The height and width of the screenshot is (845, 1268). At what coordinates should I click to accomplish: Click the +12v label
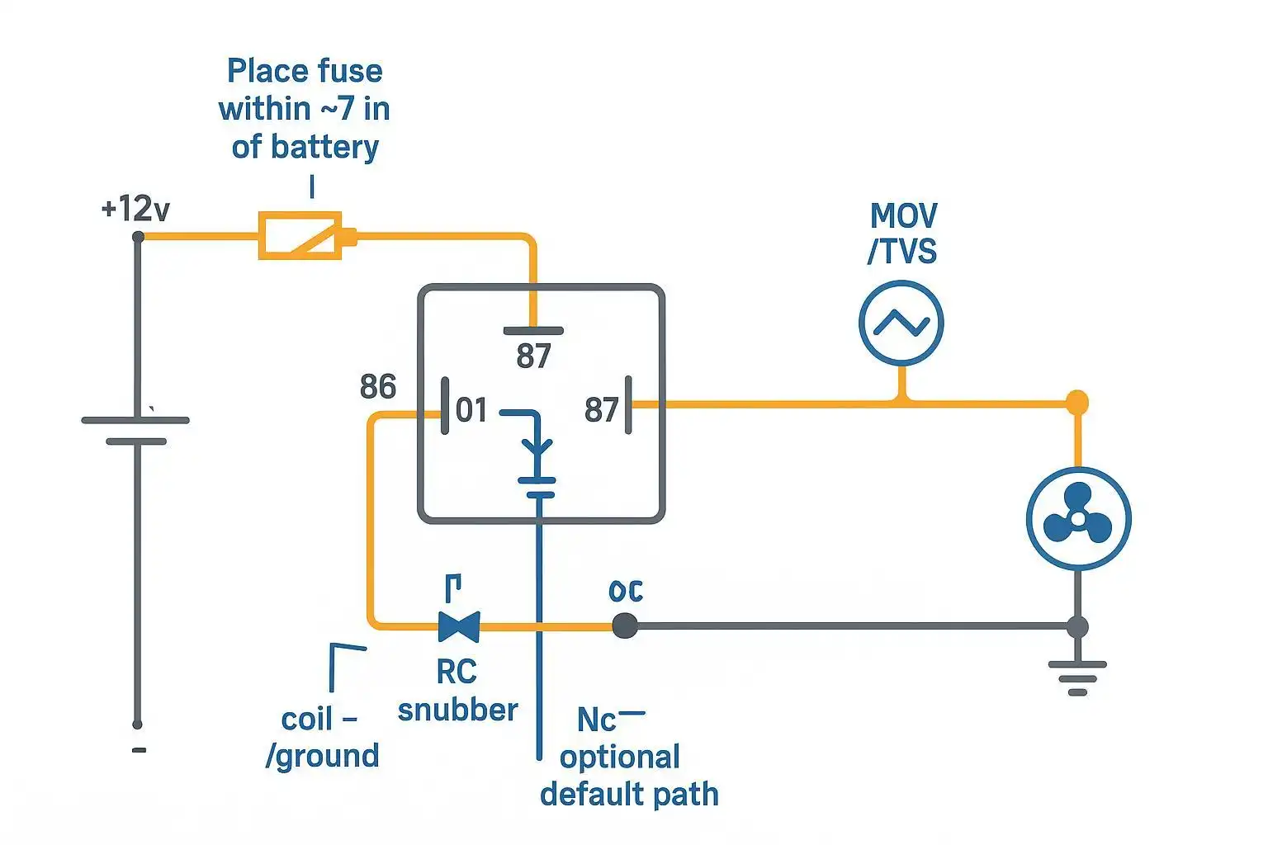(x=135, y=209)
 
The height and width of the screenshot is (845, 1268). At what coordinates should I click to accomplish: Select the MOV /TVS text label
(x=903, y=234)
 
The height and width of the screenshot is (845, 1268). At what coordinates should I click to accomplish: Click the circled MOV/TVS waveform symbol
(x=901, y=323)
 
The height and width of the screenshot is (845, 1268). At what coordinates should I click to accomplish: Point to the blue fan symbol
(x=1077, y=519)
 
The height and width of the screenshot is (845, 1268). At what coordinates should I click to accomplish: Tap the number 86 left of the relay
(x=378, y=386)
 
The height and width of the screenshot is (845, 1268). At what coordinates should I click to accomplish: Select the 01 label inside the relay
(x=471, y=410)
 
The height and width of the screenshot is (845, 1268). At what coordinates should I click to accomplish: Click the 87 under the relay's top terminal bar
(x=533, y=356)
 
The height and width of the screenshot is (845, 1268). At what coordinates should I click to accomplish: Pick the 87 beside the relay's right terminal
(x=601, y=410)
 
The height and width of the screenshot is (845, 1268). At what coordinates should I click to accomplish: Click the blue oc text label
(x=625, y=591)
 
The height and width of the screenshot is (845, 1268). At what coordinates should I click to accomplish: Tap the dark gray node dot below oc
(x=625, y=626)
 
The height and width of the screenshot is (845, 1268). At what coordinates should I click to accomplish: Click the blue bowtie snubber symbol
(x=459, y=626)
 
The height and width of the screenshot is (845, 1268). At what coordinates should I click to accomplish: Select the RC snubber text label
(x=457, y=691)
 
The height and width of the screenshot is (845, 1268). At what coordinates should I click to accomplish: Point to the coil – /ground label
(x=322, y=737)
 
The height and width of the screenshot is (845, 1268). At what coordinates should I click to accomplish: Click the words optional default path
(x=628, y=776)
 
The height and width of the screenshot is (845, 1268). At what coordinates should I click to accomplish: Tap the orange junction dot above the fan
(x=1076, y=403)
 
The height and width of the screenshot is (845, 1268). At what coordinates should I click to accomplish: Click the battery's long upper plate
(x=136, y=420)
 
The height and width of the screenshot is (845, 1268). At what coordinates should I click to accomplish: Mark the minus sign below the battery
(x=139, y=750)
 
